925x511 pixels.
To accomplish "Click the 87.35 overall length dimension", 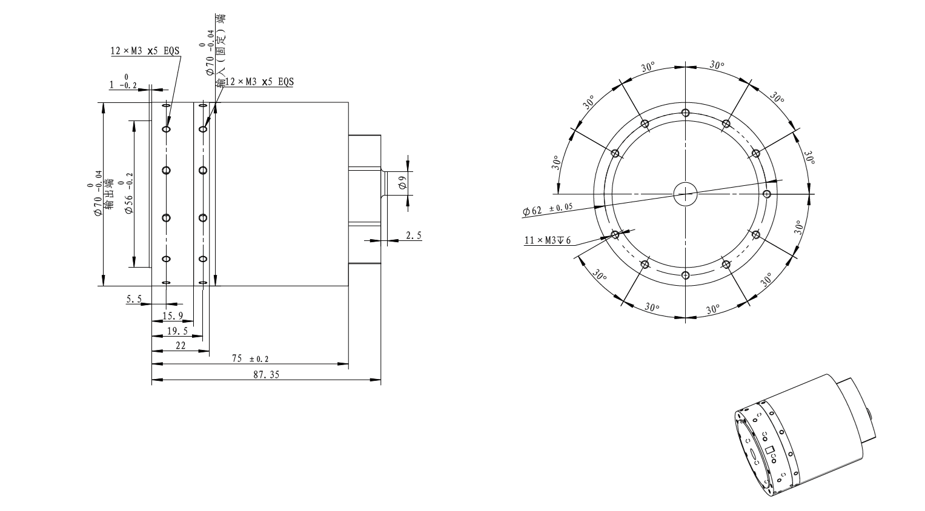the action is click(266, 374).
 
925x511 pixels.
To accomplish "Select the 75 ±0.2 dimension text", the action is click(250, 358).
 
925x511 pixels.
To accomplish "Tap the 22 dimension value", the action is click(181, 346).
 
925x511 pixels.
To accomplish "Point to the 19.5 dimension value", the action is click(177, 331).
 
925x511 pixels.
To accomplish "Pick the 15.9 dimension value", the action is click(173, 316).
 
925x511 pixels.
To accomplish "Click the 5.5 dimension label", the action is click(134, 299).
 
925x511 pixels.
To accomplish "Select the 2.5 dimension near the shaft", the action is click(414, 236).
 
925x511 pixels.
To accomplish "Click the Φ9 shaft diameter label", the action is click(403, 182).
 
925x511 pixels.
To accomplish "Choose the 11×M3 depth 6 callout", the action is click(548, 240).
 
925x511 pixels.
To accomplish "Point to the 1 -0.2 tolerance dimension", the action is click(123, 82).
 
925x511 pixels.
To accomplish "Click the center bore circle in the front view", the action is click(686, 194).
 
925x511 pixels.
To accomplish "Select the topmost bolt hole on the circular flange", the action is click(686, 113).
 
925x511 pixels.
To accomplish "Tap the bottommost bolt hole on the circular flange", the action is click(686, 275).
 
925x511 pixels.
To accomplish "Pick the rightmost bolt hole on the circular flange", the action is click(767, 194).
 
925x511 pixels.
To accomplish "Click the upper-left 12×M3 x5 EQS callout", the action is click(145, 51).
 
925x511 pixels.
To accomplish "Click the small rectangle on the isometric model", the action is click(769, 449).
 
